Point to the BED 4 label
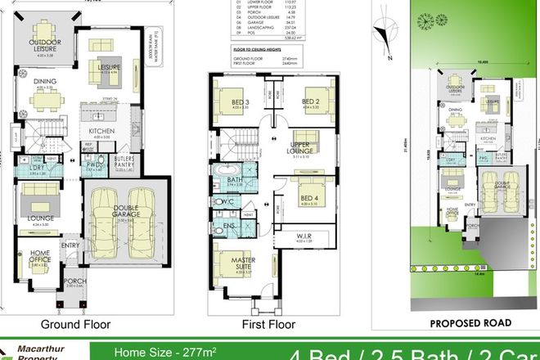pos(309,197)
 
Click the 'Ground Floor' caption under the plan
pos(83,323)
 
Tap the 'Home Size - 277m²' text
pos(155,353)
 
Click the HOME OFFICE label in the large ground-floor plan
pos(39,257)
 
